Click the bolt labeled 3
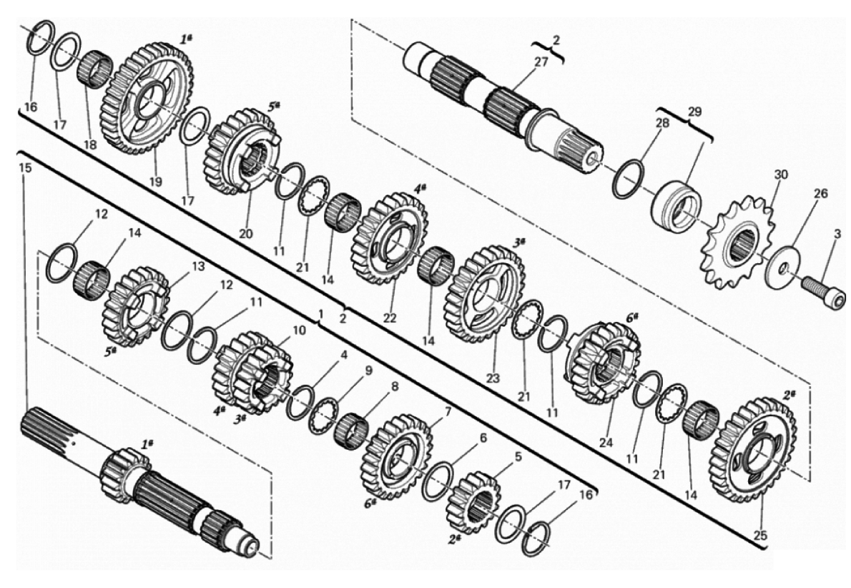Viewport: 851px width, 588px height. coord(823,291)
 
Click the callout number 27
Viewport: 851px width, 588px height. coord(541,62)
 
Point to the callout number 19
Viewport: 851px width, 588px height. coord(156,182)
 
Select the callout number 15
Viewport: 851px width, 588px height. coord(25,168)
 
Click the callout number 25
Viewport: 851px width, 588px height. coord(760,535)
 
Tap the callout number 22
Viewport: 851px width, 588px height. coord(390,318)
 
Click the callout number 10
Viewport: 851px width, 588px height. coord(299,330)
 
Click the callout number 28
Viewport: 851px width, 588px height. coord(662,123)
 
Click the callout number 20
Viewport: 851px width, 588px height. coord(245,233)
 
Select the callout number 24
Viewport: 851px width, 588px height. coord(606,443)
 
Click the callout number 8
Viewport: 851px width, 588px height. coord(395,386)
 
